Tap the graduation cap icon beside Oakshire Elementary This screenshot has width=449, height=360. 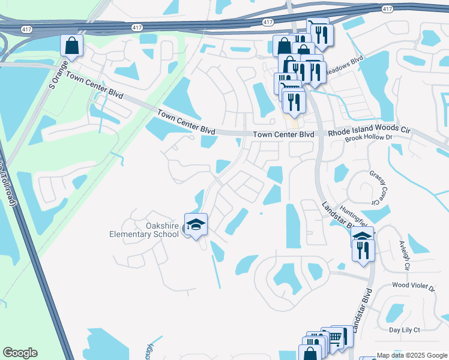coord(196,225)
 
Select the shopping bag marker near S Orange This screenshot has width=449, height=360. coord(71,46)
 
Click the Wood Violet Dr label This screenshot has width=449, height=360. coord(412,288)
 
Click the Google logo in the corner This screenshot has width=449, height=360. coord(20,353)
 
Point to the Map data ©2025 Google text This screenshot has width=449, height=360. coord(411,355)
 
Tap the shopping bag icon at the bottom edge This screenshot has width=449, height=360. coord(310,353)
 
